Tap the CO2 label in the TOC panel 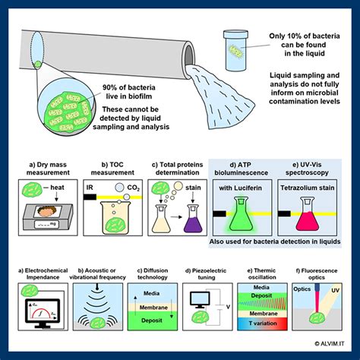[132, 185]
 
